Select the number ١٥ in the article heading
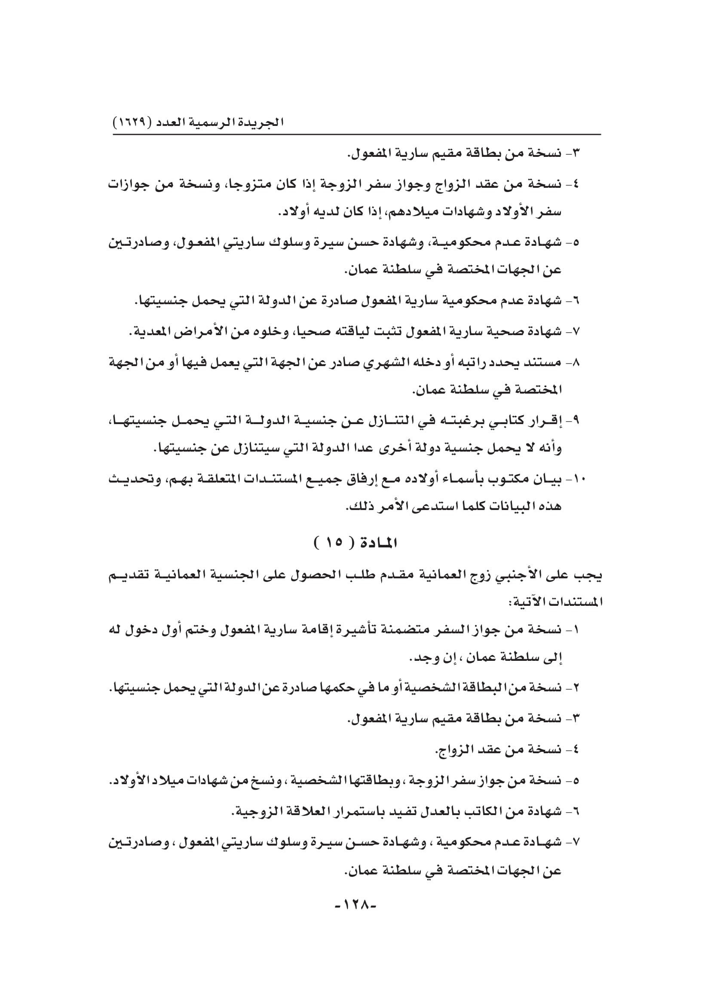pos(334,544)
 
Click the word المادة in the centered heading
pos(377,544)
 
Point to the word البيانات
pos(499,507)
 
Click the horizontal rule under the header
pos(357,134)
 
